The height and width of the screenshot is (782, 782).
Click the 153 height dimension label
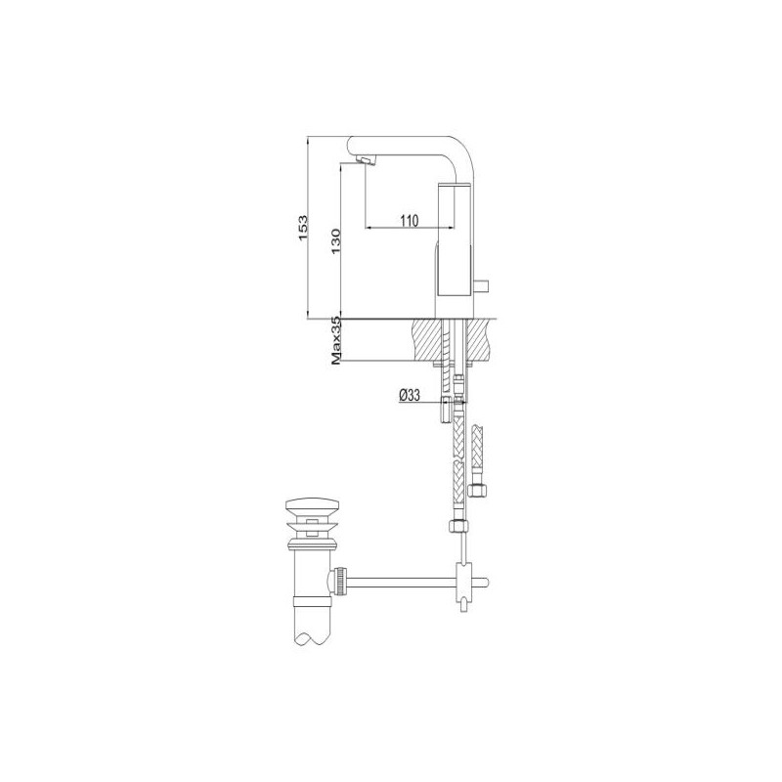click(303, 229)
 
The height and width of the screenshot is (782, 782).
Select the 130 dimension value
click(335, 241)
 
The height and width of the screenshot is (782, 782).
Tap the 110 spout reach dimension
click(409, 220)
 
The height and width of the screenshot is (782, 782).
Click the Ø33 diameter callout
click(410, 396)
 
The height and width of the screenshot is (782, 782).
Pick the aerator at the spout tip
click(367, 159)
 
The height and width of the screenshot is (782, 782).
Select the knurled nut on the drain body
click(341, 581)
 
